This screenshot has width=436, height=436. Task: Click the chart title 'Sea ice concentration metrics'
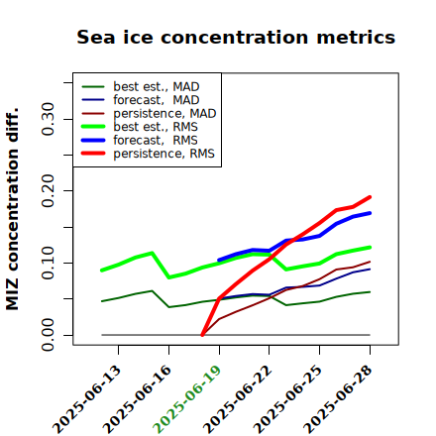point(236,37)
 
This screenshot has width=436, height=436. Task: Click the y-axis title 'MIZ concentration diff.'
point(12,209)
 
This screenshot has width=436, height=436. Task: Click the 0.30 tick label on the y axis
point(49,119)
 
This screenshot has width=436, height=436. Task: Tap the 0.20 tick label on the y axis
point(49,190)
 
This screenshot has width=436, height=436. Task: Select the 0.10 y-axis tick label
point(49,263)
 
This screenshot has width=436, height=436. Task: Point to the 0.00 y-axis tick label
point(49,335)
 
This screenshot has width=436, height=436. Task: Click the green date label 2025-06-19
point(187,399)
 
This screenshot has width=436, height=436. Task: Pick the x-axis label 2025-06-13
point(87,399)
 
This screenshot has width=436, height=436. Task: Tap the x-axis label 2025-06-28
point(338,399)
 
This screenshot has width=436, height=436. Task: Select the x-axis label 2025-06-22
point(238,399)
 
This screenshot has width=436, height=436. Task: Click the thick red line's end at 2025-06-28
point(370,197)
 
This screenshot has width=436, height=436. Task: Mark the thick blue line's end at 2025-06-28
point(370,213)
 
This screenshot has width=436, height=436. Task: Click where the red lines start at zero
point(202,335)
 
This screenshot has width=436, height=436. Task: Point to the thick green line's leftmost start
point(102,271)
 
